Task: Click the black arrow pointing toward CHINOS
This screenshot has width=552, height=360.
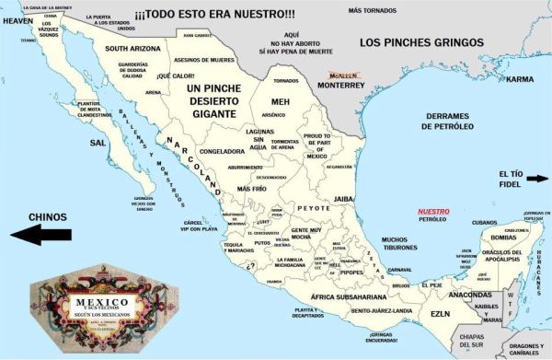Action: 40,236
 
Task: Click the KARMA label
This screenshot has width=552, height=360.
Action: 520,79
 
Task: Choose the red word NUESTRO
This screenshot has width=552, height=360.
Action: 433,211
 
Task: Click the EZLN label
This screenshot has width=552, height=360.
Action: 440,315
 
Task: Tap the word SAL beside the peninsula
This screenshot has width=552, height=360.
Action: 98,144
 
